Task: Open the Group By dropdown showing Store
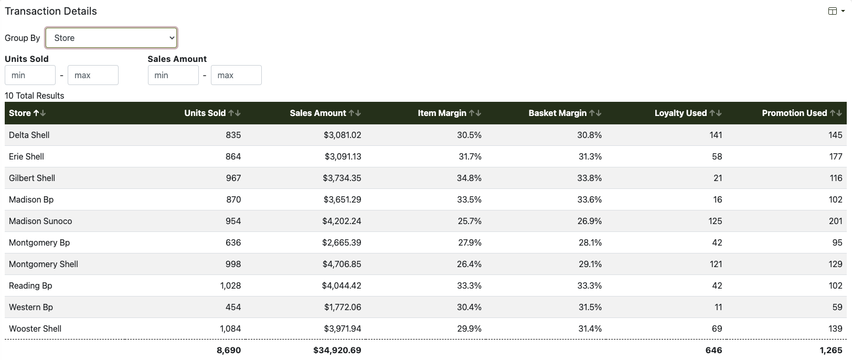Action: coord(111,38)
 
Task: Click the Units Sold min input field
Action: coord(30,75)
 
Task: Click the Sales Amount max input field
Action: coord(236,75)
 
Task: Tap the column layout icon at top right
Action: coord(832,11)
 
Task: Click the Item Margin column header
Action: coord(442,113)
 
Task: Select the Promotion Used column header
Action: coord(794,113)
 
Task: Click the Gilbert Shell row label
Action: coord(32,178)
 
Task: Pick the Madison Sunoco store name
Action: coord(40,221)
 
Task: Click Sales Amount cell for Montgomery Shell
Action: coord(342,264)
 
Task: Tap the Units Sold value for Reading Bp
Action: coord(230,286)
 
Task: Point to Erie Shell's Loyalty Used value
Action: coord(717,156)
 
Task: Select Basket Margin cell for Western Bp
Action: coord(589,307)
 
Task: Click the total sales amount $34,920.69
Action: coord(337,350)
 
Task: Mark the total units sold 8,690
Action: coord(229,350)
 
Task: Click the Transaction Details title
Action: coord(50,11)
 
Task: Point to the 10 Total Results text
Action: coord(34,96)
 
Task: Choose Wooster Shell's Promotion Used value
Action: coord(835,329)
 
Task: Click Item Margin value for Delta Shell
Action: coord(469,135)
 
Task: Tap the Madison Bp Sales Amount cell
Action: coord(342,200)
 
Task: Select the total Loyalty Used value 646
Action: coord(713,350)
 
